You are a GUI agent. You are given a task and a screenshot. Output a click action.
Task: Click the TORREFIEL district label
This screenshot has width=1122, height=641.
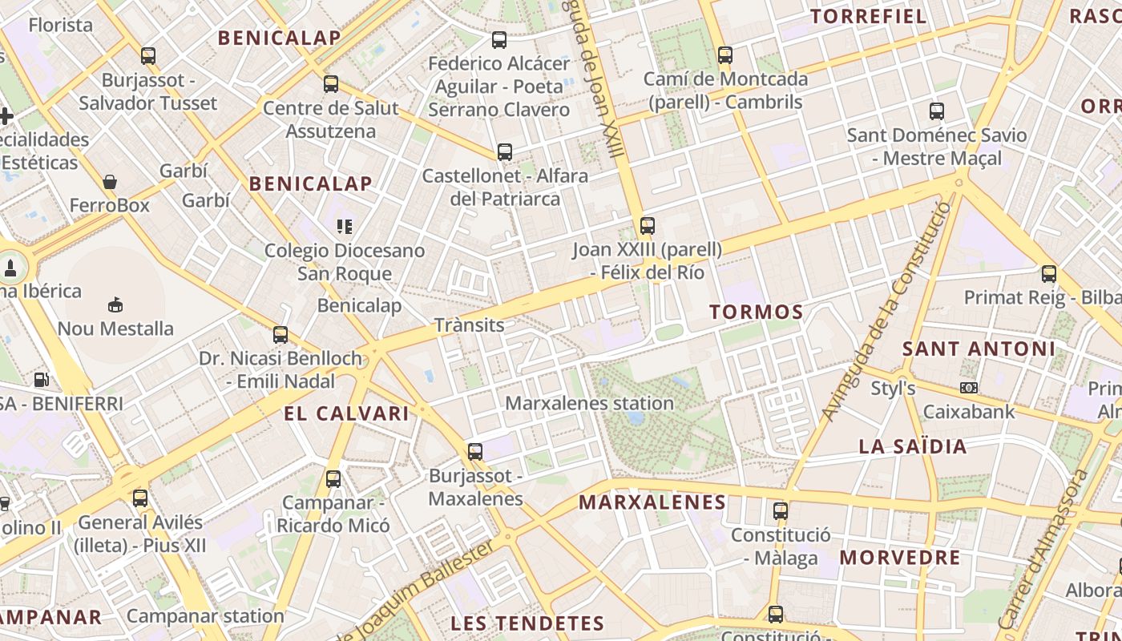868,16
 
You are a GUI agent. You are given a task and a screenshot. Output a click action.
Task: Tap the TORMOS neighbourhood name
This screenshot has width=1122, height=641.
756,312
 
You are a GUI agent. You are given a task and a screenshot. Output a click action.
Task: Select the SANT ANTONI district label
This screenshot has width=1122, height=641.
979,349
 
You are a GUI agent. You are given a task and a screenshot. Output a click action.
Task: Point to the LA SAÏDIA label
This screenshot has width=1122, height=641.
913,446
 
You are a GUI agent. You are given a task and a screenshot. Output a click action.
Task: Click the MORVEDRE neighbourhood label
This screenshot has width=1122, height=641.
899,558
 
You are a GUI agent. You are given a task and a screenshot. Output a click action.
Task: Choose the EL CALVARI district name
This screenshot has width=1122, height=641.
346,413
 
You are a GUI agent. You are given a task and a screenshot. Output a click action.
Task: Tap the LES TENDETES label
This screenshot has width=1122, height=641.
527,623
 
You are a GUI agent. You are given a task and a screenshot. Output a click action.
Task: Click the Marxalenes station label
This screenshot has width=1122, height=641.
589,403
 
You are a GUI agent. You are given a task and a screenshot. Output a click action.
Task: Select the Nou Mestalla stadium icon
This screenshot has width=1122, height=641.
115,304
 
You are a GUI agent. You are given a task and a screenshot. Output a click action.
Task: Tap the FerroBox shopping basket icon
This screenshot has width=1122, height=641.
110,183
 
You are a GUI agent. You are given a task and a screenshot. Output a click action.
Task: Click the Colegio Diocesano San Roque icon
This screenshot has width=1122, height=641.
345,227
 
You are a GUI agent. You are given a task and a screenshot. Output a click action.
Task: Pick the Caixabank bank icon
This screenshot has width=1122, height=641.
969,389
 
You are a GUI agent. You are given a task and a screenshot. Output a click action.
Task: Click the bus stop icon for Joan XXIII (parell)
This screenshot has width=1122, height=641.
647,226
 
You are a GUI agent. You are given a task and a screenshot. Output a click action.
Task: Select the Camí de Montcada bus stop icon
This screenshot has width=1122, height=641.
725,55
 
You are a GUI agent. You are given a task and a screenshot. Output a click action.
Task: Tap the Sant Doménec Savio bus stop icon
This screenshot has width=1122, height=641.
936,111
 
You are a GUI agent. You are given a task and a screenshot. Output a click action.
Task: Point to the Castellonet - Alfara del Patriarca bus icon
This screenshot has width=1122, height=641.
504,152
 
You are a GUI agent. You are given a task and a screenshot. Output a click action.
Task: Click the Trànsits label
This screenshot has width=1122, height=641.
469,325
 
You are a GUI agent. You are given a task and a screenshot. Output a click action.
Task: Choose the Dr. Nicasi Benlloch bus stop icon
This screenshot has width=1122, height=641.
280,335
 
